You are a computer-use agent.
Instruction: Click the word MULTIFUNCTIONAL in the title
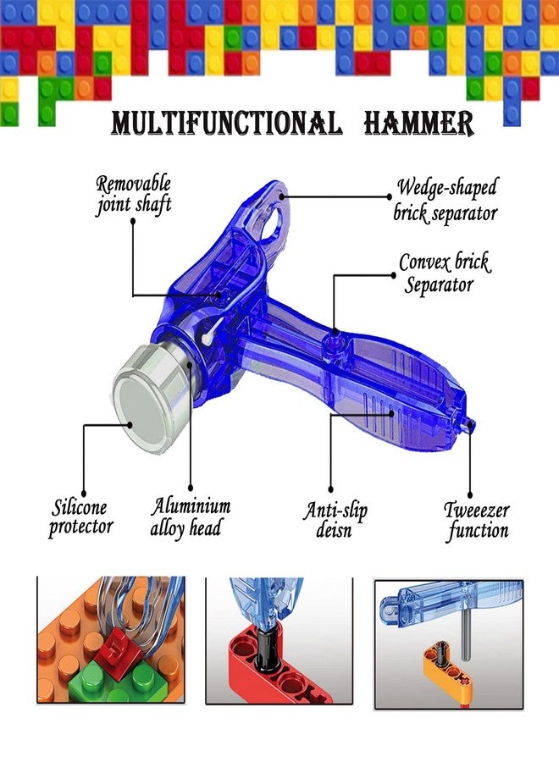(x=227, y=124)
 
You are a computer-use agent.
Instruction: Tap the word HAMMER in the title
(x=418, y=124)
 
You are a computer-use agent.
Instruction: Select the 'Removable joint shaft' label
(x=134, y=195)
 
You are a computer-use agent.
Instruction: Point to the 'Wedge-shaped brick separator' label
(x=446, y=200)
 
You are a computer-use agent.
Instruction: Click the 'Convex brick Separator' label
(x=445, y=273)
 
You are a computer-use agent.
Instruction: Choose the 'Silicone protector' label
(x=80, y=518)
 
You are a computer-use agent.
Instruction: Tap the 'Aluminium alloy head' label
(x=190, y=517)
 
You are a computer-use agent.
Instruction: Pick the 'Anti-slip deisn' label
(x=335, y=520)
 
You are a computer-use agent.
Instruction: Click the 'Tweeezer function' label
(x=477, y=521)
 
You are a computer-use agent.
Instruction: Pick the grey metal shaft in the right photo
(x=466, y=635)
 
